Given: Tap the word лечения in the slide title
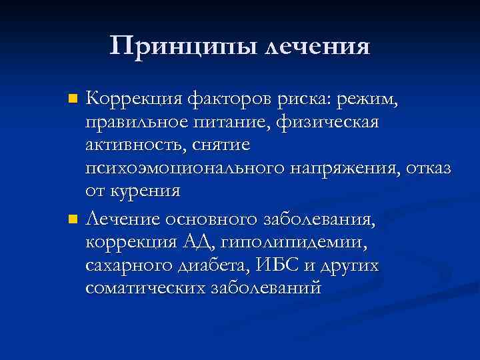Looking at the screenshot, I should (x=317, y=47).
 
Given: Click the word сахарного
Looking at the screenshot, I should (x=133, y=265).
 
